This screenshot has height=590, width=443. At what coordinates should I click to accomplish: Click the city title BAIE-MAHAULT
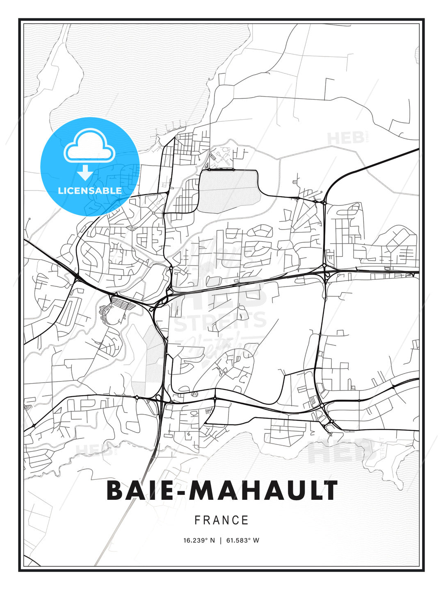(x=221, y=490)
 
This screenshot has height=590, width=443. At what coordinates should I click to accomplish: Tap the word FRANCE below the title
(x=221, y=520)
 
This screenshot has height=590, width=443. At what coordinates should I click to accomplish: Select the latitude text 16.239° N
(x=199, y=540)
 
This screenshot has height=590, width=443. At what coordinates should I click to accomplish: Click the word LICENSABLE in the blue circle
(x=90, y=191)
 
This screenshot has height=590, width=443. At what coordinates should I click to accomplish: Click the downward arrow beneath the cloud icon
(x=85, y=173)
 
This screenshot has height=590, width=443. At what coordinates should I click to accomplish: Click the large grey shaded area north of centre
(x=228, y=191)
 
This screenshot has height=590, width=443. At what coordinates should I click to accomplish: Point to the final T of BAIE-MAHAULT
(x=329, y=490)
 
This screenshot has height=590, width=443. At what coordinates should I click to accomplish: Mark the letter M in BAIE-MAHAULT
(x=204, y=490)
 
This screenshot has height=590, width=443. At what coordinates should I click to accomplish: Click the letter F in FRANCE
(x=197, y=520)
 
